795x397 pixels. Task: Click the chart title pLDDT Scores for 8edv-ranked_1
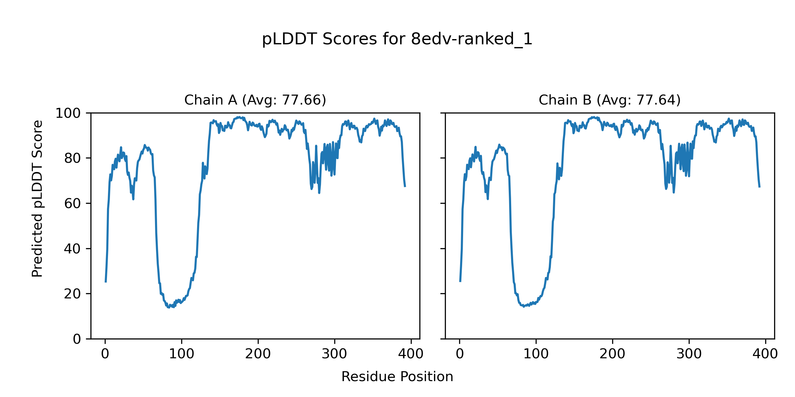(397, 39)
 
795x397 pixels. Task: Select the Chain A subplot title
(255, 100)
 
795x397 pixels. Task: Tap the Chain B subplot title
(609, 100)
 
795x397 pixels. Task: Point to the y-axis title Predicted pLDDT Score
(37, 198)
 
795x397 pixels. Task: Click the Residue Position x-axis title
(397, 377)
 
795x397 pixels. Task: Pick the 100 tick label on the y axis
(68, 113)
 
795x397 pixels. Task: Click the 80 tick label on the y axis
(73, 158)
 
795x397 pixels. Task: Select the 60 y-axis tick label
(73, 204)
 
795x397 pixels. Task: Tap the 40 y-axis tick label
(73, 249)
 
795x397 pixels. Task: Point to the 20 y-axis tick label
(73, 294)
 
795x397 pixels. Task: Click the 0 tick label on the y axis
(77, 339)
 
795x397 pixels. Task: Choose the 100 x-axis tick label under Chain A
(182, 354)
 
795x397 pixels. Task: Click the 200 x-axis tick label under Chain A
(258, 354)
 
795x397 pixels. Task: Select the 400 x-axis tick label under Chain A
(411, 354)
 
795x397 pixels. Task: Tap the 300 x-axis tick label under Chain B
(689, 354)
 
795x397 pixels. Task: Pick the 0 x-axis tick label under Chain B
(460, 354)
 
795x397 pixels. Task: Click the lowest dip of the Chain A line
(169, 308)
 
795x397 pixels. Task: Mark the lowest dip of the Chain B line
(524, 307)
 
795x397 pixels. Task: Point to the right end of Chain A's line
(405, 187)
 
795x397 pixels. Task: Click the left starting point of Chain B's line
(460, 282)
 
